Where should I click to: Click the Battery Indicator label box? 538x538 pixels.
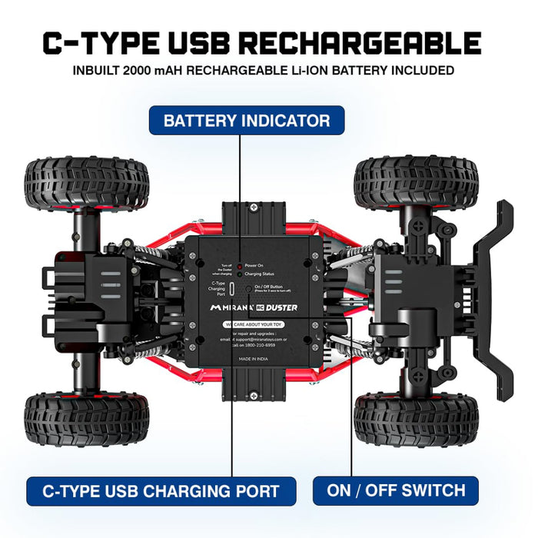[x=247, y=121]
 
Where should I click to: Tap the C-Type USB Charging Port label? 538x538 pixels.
[x=161, y=490]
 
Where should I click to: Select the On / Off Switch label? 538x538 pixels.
[x=396, y=490]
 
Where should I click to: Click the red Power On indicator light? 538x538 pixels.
[x=240, y=264]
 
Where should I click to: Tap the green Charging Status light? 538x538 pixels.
[x=240, y=273]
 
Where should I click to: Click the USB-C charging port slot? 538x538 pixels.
[x=231, y=288]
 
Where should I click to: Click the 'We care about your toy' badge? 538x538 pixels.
[x=253, y=325]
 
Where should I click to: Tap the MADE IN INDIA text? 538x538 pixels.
[x=253, y=359]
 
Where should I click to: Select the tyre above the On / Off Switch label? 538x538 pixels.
[x=416, y=420]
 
